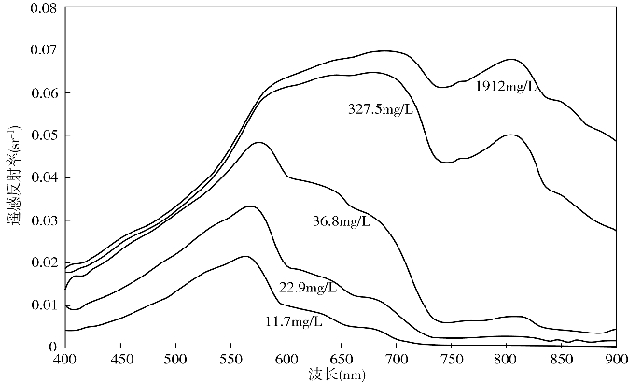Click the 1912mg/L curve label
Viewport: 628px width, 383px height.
click(x=506, y=87)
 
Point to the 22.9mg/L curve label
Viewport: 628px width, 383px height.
click(x=307, y=287)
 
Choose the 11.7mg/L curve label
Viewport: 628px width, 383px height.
click(x=293, y=322)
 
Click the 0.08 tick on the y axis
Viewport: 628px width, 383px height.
click(x=42, y=8)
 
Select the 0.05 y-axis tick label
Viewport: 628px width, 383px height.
click(x=42, y=135)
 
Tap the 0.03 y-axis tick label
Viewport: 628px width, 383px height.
click(x=42, y=220)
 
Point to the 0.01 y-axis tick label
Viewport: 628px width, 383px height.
click(x=42, y=305)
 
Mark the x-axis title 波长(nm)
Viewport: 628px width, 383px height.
click(x=340, y=374)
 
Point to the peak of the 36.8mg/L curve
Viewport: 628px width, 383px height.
click(x=258, y=142)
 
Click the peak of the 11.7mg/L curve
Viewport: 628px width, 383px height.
click(x=244, y=256)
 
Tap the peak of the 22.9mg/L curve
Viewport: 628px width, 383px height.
click(x=250, y=206)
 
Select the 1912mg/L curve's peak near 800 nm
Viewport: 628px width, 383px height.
click(x=509, y=59)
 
